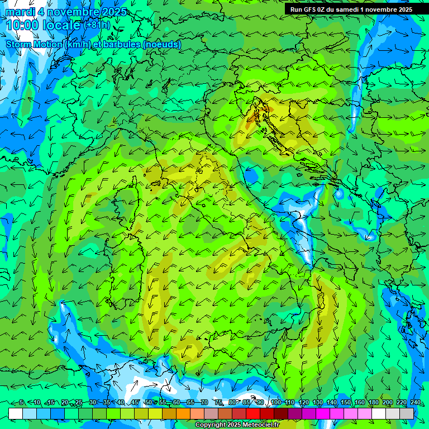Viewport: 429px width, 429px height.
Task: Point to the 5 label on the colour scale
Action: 21,403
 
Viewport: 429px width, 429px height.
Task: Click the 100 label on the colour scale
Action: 275,403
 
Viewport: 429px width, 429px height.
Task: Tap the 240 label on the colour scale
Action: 414,403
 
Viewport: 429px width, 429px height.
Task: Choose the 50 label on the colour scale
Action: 148,403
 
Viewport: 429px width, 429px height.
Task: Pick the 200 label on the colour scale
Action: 387,403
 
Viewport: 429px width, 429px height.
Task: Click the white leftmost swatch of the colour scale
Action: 16,413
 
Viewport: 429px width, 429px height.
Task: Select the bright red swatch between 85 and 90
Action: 253,413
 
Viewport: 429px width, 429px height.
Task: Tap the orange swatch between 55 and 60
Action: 169,413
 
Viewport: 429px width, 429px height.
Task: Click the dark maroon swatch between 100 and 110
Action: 281,413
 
